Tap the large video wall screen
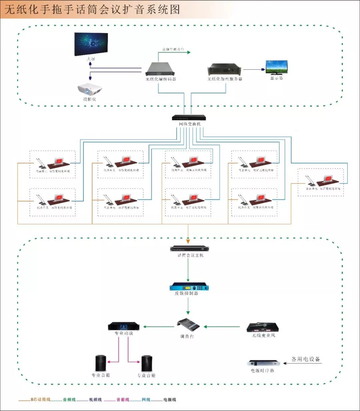point(91,44)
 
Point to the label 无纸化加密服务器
point(225,79)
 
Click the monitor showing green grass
point(276,67)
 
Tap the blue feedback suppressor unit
point(189,287)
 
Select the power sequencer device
point(263,363)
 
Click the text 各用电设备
point(306,359)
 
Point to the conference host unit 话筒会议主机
point(188,249)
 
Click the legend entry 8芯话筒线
point(40,399)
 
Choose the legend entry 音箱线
point(123,399)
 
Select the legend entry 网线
point(146,399)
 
